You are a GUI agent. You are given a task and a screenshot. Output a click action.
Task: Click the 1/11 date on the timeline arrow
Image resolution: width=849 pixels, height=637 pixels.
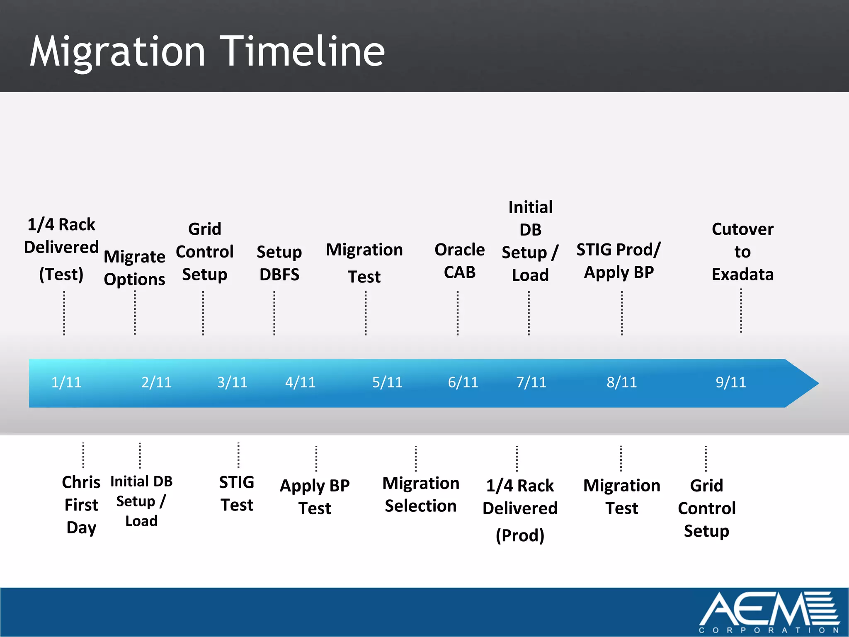point(66,382)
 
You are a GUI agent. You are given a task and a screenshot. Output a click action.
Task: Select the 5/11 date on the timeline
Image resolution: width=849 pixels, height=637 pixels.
point(387,382)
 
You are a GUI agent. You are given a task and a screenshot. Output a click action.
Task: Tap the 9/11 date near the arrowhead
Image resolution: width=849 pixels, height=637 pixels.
point(730,382)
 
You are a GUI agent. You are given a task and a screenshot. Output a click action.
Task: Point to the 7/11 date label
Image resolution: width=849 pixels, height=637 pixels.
point(531,382)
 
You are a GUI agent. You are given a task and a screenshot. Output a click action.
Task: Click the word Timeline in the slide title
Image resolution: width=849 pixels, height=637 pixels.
point(302,51)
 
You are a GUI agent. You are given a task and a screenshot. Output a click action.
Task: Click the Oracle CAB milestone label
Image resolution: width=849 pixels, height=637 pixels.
point(459,261)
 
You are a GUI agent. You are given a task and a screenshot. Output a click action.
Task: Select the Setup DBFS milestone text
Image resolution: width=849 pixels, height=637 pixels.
point(279,263)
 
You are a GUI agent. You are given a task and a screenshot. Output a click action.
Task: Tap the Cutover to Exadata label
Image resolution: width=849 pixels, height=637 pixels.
point(742,252)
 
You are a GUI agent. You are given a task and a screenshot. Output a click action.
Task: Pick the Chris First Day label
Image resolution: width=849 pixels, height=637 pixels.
point(81,505)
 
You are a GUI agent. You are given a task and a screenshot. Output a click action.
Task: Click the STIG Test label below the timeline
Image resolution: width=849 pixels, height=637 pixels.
point(237,494)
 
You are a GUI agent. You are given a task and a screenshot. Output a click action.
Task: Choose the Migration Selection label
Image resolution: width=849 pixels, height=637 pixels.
point(421,494)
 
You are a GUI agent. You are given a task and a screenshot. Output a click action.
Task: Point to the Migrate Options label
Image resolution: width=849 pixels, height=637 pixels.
point(134,267)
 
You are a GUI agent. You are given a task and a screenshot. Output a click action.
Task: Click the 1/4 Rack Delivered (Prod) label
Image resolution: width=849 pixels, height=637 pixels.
point(520,510)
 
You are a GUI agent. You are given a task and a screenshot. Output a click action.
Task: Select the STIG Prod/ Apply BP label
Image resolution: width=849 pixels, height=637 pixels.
point(619,261)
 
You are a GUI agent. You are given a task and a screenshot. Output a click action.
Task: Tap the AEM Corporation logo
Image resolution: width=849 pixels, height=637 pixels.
point(769,611)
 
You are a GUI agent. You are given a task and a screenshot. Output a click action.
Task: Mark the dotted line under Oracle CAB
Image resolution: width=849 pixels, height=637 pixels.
point(458,313)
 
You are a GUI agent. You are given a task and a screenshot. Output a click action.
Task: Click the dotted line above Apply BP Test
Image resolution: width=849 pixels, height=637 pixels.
point(316,458)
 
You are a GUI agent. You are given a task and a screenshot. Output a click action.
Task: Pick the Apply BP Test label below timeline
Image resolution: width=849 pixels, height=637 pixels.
point(315,496)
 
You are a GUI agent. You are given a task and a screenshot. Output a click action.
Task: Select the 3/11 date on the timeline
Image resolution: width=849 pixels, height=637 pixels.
point(232,382)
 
